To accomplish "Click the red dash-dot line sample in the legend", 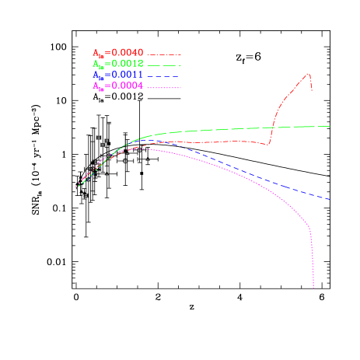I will coord(164,54).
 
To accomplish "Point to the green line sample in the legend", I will coord(164,65).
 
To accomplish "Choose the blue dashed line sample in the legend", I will coord(164,76).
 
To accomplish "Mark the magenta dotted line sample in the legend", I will coord(164,88).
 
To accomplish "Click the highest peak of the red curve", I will coord(309,74).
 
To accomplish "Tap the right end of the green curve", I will coord(330,126).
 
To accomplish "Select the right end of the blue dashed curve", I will coord(330,200).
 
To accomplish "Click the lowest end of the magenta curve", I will coord(313,288).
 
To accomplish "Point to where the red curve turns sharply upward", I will coord(268,144).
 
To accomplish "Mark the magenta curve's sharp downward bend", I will coord(309,227).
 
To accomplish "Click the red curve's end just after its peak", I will coord(313,90).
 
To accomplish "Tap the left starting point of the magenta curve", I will coord(75,187).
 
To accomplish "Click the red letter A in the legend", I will coord(96,53).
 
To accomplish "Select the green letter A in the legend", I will coord(96,64).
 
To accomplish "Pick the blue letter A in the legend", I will coord(96,75).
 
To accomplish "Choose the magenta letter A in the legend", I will coord(96,86).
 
